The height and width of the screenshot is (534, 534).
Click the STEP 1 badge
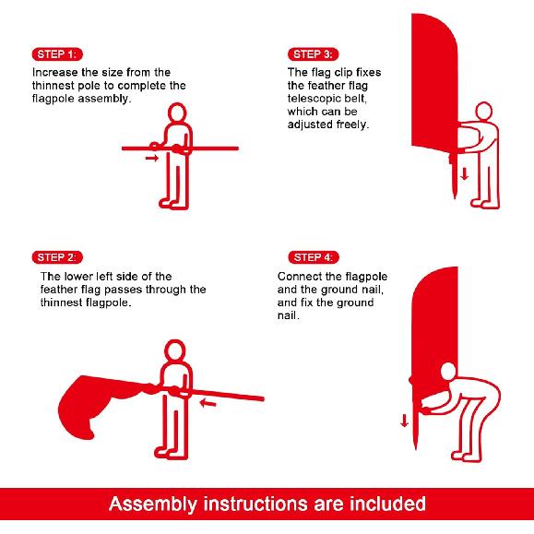pyautogui.click(x=57, y=54)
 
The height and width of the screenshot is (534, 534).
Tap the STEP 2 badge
pyautogui.click(x=57, y=257)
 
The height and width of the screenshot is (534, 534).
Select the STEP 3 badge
pyautogui.click(x=313, y=54)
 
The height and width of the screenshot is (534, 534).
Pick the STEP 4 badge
pyautogui.click(x=314, y=257)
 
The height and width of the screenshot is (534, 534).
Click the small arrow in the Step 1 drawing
pyautogui.click(x=152, y=158)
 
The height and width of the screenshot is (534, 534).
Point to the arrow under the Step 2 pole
pyautogui.click(x=208, y=404)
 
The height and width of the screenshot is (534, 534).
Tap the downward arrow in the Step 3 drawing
pyautogui.click(x=464, y=173)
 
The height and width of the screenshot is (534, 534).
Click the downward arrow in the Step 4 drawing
pyautogui.click(x=404, y=421)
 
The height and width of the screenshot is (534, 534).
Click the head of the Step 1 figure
pyautogui.click(x=177, y=113)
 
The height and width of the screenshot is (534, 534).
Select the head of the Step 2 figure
pyautogui.click(x=175, y=350)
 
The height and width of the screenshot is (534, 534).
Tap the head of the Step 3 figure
pyautogui.click(x=483, y=111)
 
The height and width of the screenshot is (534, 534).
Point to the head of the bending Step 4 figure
pyautogui.click(x=448, y=372)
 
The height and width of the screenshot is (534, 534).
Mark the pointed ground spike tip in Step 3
pyautogui.click(x=455, y=197)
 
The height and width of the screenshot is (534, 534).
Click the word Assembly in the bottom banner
pyautogui.click(x=153, y=504)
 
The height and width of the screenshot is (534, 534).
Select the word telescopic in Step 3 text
pyautogui.click(x=314, y=99)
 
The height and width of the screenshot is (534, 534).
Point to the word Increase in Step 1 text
pyautogui.click(x=54, y=72)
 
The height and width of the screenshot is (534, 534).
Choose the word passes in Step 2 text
pyautogui.click(x=124, y=290)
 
